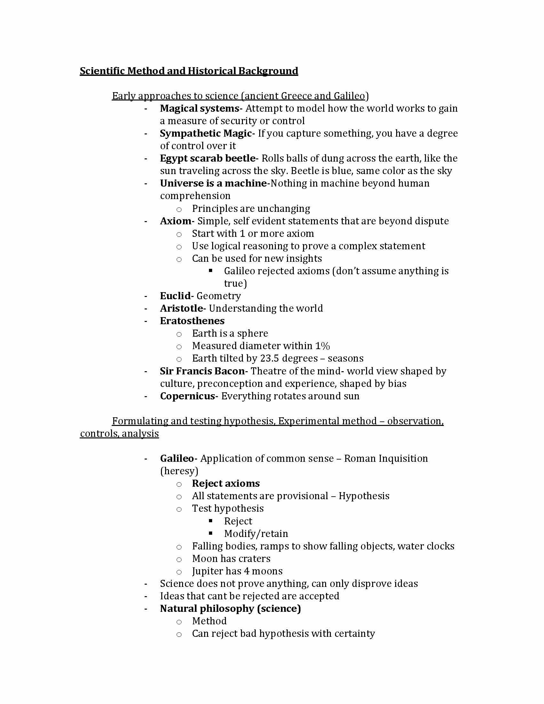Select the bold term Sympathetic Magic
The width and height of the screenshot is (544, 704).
(206, 133)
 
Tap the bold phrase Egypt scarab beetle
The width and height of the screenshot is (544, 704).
(208, 158)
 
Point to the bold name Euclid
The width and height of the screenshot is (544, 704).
(175, 296)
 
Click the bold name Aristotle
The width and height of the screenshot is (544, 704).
(181, 308)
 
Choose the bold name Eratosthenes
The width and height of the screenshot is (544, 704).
(192, 321)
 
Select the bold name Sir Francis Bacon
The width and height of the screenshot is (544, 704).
(202, 371)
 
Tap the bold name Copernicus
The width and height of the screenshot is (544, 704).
(188, 396)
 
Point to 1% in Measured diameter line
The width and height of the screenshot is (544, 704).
(322, 346)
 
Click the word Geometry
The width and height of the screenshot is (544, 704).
(219, 296)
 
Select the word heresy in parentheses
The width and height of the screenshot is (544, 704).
(179, 471)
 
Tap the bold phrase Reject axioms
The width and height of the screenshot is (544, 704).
(226, 484)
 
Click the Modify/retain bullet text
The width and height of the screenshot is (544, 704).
(256, 534)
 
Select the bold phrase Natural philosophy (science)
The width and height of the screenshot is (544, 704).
(230, 609)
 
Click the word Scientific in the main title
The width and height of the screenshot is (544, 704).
(102, 71)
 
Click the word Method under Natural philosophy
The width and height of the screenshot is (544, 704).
(209, 621)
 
